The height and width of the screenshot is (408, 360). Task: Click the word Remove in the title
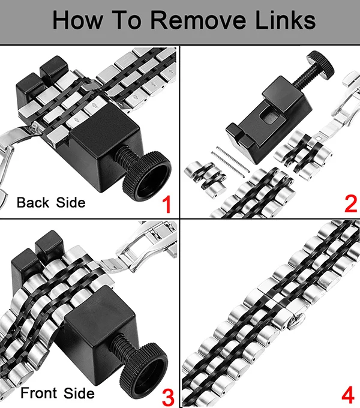(198, 20)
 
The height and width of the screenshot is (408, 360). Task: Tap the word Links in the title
(286, 20)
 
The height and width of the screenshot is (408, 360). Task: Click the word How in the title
(77, 20)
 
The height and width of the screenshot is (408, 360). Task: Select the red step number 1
(167, 205)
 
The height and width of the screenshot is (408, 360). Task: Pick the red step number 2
(350, 204)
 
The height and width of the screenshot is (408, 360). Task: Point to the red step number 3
(168, 397)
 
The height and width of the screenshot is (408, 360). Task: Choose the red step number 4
(348, 394)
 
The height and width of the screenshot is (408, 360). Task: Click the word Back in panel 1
(33, 202)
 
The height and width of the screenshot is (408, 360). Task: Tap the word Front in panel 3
(39, 393)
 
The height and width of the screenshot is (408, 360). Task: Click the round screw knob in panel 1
(147, 176)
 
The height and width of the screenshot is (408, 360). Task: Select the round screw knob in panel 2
(320, 64)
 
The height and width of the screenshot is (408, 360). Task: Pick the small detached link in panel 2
(205, 178)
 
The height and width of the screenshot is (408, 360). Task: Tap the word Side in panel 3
(79, 393)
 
